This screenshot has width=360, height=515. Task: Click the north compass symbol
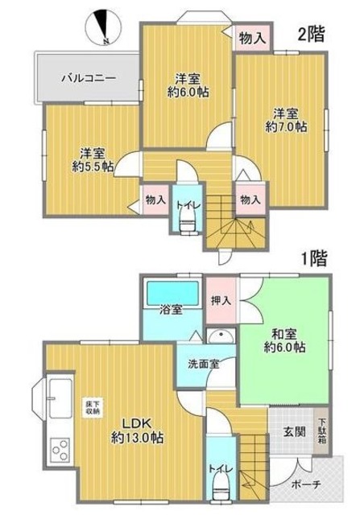pos(103,25)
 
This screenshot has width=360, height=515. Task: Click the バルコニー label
pos(89,79)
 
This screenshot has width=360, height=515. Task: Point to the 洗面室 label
pos(203,364)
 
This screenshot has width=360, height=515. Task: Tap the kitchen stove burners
pos(60,447)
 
